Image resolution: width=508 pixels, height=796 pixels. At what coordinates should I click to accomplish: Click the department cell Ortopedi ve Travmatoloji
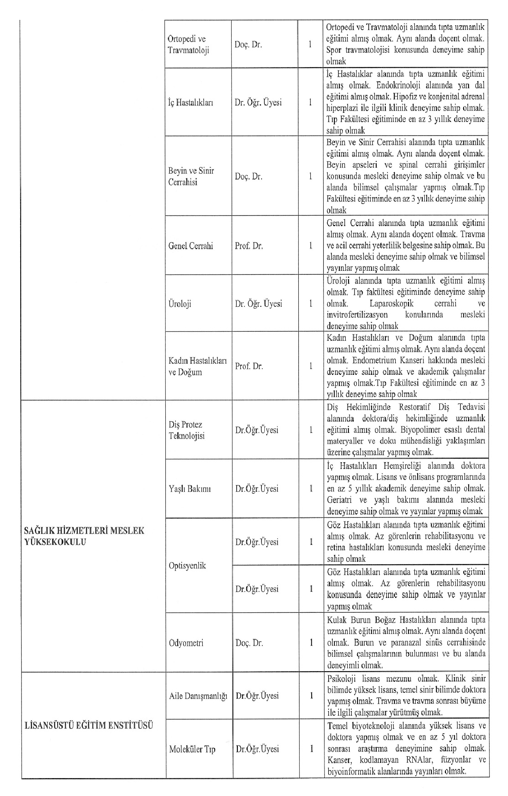tap(189, 44)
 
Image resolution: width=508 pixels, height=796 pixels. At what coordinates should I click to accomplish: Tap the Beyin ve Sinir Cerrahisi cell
tap(191, 176)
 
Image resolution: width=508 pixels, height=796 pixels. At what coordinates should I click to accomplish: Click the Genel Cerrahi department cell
tap(191, 246)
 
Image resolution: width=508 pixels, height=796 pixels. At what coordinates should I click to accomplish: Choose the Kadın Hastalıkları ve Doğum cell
tap(197, 366)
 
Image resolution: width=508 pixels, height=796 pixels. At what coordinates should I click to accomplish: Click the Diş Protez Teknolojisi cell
tap(186, 430)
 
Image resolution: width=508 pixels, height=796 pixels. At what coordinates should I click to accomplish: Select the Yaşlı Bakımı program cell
tap(190, 489)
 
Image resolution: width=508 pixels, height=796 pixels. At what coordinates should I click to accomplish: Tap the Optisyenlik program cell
tap(187, 565)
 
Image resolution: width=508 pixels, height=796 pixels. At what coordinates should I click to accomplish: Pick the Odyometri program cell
tap(186, 643)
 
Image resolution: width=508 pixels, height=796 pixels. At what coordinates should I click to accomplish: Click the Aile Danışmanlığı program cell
tap(198, 696)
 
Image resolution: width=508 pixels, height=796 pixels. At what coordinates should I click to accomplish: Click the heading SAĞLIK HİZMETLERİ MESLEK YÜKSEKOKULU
tap(85, 536)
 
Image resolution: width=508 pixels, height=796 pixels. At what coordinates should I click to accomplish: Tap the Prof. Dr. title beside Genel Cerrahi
tap(249, 246)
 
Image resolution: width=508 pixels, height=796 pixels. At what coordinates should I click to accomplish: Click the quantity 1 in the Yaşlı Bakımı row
tap(311, 489)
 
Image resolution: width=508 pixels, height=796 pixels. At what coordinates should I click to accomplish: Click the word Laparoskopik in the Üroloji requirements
tap(392, 303)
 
